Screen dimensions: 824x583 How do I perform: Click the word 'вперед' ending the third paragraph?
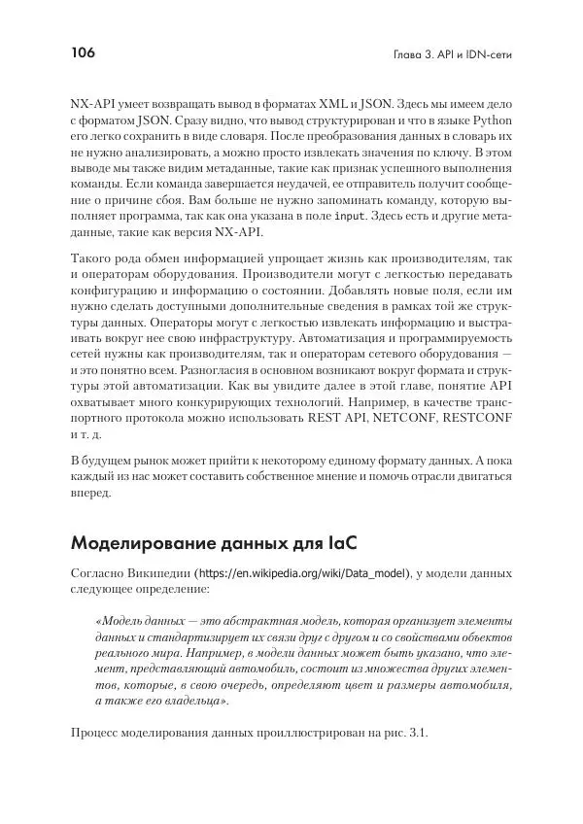point(93,493)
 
